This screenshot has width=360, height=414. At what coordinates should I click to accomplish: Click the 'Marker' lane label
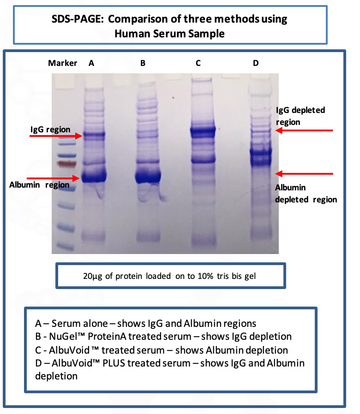coord(62,63)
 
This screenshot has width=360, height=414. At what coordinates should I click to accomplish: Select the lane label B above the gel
coord(143,63)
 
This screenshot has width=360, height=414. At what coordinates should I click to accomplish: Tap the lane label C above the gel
coord(198,63)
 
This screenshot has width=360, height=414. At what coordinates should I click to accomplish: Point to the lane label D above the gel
coord(256,63)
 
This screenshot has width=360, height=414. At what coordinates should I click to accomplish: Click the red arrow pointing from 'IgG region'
coord(56,136)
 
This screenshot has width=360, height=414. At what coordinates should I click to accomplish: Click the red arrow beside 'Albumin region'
coord(53,178)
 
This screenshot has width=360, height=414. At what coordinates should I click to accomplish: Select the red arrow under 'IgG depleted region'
coord(304,130)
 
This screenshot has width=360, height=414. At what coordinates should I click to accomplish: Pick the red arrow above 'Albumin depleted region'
coord(304,173)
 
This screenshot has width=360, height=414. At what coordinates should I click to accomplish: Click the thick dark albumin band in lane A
coord(94,176)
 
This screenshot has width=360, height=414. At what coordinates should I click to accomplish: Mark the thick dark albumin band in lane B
coord(148,176)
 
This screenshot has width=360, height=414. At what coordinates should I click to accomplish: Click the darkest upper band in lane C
coord(203,131)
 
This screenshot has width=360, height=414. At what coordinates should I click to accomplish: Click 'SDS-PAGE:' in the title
coord(78,19)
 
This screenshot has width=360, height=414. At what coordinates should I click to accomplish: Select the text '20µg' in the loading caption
coord(92,276)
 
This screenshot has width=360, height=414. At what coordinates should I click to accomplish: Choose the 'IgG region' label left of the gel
coord(50,130)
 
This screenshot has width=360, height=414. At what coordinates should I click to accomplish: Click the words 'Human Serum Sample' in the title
coord(169,34)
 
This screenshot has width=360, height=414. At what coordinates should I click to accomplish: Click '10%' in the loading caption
coord(205,276)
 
